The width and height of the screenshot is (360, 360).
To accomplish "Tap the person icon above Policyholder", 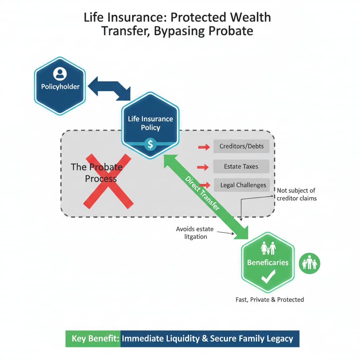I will point(60,73).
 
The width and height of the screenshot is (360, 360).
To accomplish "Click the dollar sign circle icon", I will point(150,144).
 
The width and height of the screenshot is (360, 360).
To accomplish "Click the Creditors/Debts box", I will point(241,146).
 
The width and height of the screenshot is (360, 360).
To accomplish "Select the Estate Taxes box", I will point(241,167).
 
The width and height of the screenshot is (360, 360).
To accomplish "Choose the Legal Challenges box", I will point(243,185).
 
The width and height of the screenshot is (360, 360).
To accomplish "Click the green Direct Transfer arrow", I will point(206,196).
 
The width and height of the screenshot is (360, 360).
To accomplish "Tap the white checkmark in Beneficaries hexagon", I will point(268,279).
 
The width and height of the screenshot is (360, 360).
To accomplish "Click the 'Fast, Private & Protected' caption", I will point(270,300).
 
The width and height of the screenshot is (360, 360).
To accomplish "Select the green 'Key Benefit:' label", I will point(93,339).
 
